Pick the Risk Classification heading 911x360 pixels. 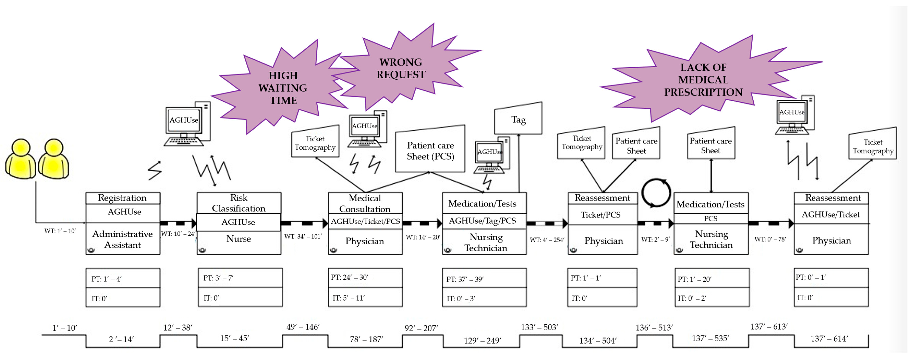click(x=239, y=203)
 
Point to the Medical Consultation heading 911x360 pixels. click(x=365, y=203)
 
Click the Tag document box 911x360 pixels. click(x=518, y=120)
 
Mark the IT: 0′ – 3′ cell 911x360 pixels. click(x=484, y=298)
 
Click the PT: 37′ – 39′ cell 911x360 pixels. click(x=484, y=279)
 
